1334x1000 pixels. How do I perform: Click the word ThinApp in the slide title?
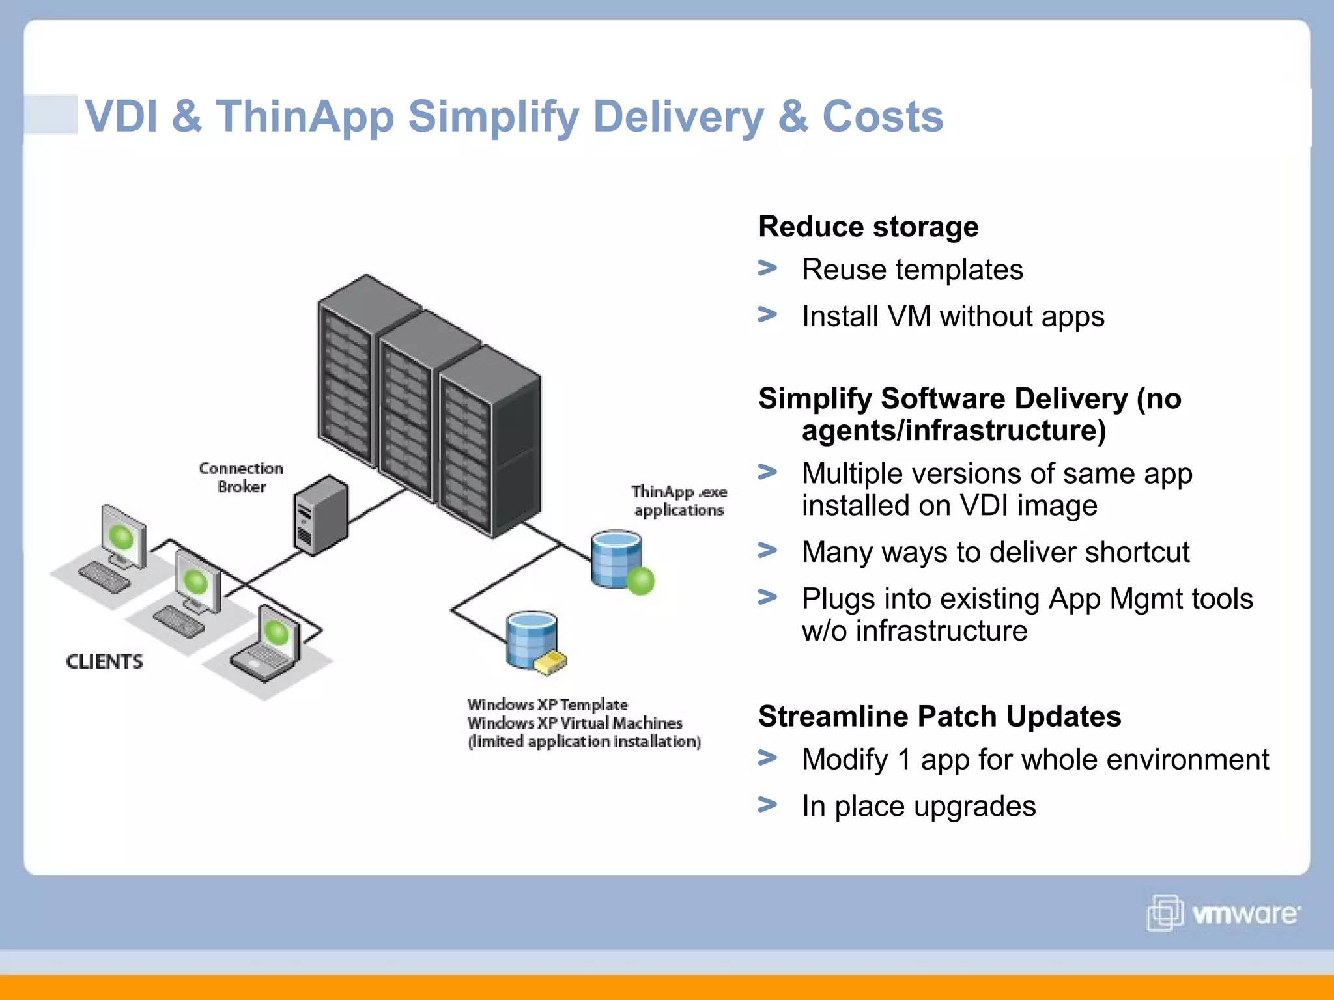point(305,117)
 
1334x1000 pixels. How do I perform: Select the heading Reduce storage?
point(868,227)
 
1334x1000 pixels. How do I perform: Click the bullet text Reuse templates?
point(912,270)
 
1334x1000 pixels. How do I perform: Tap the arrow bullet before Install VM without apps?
point(768,315)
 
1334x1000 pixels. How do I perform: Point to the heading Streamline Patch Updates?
point(939,717)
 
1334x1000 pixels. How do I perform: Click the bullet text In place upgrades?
point(918,807)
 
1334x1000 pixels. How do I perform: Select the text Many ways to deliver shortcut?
point(995,553)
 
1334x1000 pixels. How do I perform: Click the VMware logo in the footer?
point(1223,913)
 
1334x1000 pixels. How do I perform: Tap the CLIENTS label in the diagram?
point(104,661)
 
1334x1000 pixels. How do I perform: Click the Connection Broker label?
point(241,478)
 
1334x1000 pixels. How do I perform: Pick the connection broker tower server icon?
point(320,515)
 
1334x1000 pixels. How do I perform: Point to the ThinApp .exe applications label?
point(679,501)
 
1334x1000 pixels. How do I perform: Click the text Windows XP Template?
point(547,704)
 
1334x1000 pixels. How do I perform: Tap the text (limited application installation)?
point(584,742)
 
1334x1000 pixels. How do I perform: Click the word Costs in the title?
point(883,117)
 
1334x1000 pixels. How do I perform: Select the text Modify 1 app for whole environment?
point(1035,760)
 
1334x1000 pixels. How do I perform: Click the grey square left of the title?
point(51,115)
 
